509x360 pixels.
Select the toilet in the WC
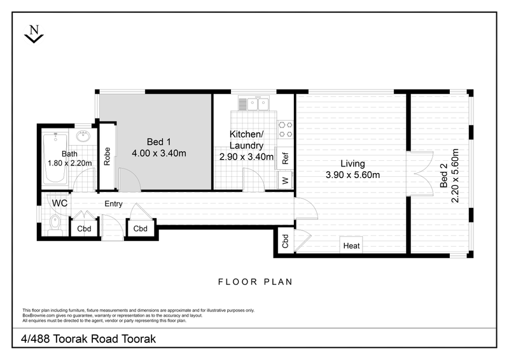point(55,225)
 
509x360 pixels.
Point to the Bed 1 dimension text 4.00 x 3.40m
point(158,153)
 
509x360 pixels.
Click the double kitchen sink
point(256,103)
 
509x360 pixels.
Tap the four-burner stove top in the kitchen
point(286,129)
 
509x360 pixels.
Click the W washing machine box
point(286,180)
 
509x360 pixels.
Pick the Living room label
point(352,163)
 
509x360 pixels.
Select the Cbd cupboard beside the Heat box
point(285,242)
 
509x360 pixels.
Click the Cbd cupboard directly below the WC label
point(83,229)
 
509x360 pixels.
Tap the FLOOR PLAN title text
point(254,281)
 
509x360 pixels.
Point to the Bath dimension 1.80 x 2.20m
point(70,163)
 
